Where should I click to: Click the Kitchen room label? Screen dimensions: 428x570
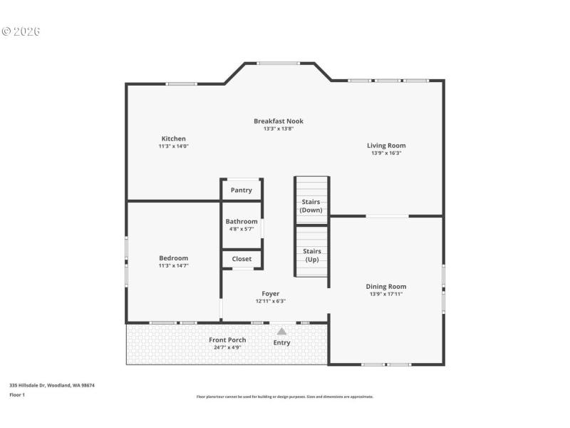coord(173,138)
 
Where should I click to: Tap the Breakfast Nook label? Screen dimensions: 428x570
coord(278,121)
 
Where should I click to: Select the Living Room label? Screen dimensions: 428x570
coord(386,146)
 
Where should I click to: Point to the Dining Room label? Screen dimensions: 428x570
coord(386,286)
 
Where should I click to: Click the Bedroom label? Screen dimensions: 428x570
coord(173,258)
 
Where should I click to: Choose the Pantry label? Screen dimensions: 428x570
coord(242,190)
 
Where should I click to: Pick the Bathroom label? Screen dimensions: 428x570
coord(242,221)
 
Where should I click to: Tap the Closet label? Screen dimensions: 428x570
coord(242,259)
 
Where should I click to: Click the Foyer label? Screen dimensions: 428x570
coord(270,293)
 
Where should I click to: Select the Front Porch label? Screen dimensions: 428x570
coord(227,340)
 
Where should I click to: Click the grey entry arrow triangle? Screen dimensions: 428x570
coord(281,331)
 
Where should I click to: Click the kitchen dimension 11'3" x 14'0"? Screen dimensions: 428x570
coord(173,146)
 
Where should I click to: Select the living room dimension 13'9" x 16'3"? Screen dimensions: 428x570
coord(386,153)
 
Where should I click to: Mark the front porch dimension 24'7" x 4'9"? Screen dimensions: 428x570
coord(227,347)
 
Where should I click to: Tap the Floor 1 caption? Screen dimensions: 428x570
coord(17,394)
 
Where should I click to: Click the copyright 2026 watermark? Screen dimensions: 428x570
coord(21,31)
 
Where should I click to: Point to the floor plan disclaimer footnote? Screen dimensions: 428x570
coord(284,397)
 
